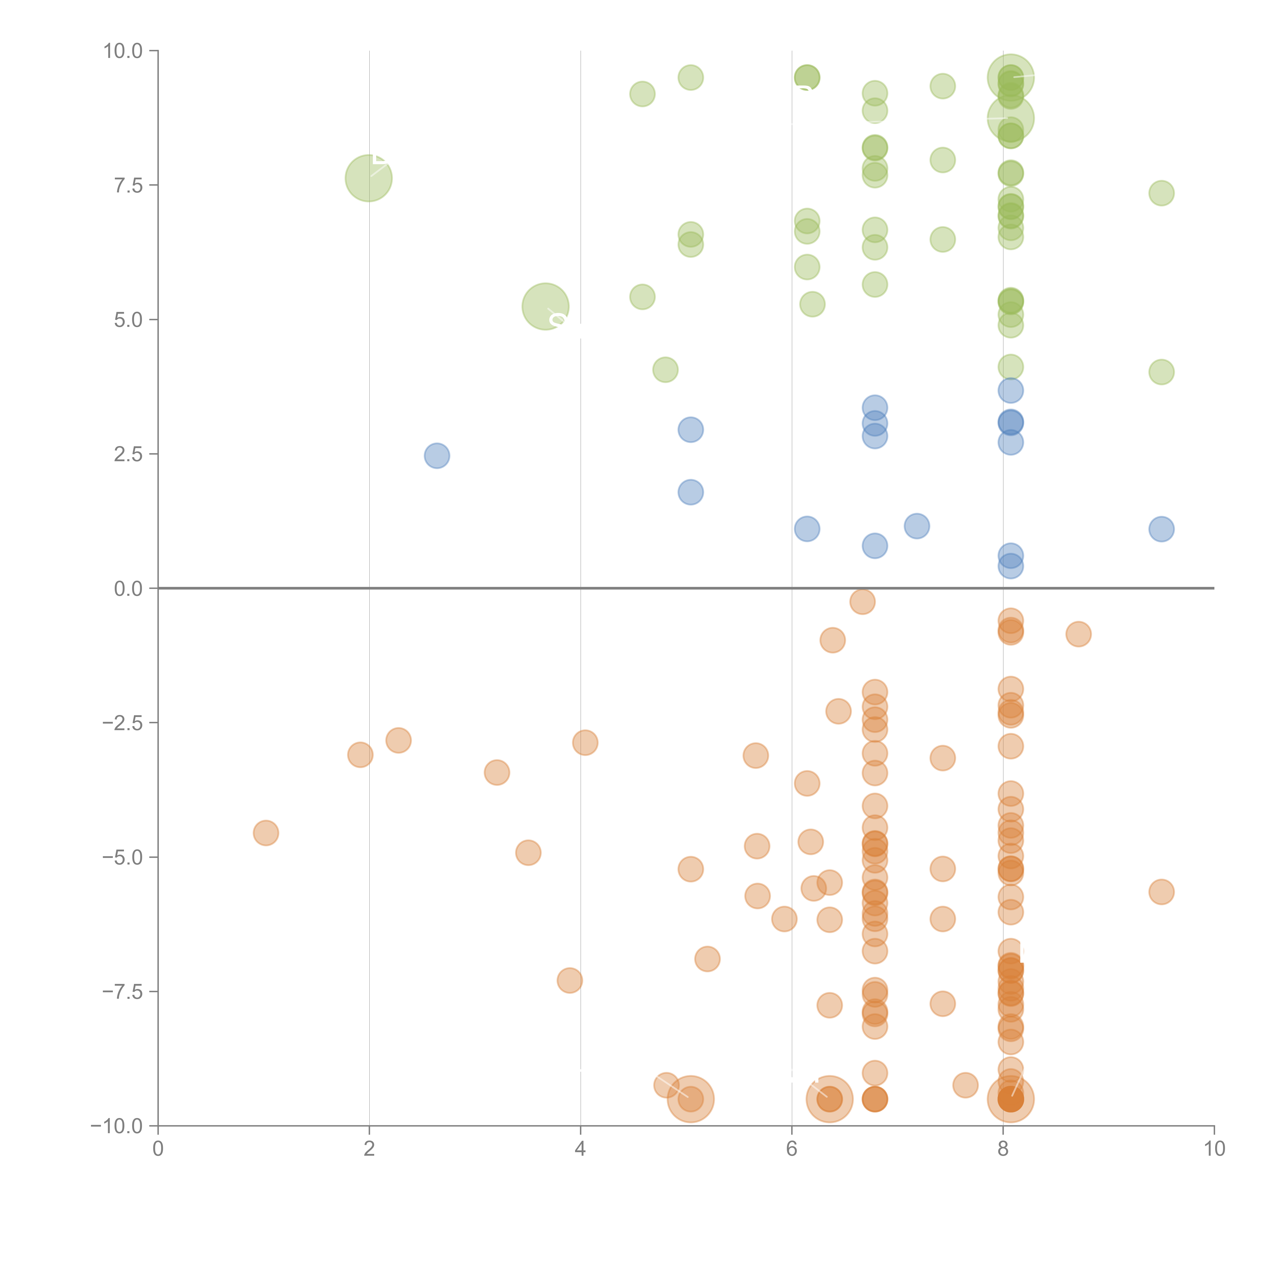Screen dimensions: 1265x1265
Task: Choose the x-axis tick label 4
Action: coord(580,1149)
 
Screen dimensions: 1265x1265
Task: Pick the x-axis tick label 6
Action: coord(792,1149)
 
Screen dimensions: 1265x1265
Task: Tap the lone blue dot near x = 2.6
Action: coord(437,456)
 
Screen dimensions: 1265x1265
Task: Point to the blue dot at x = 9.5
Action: coord(1161,529)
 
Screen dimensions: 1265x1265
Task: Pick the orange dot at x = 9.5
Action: coord(1161,892)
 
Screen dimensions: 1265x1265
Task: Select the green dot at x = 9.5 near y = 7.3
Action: coord(1161,193)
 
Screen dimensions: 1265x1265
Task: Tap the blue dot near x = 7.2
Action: coord(917,526)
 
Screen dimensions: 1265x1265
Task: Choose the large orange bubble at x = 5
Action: coord(690,1099)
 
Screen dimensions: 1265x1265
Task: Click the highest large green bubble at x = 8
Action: coord(1010,77)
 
